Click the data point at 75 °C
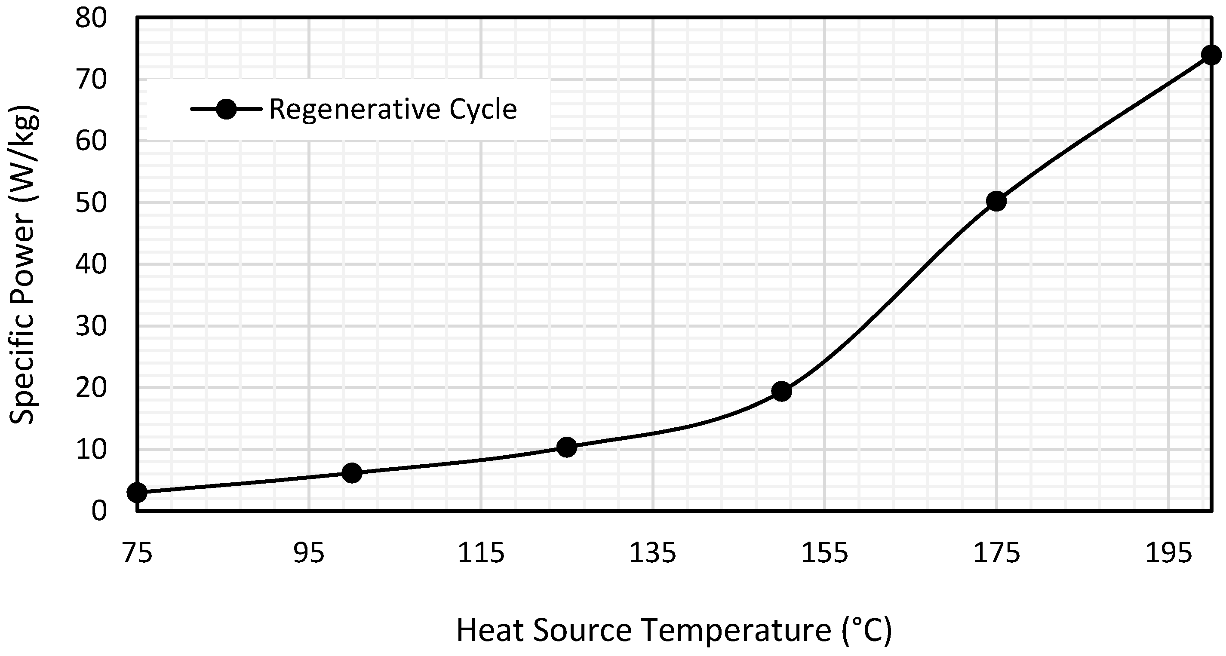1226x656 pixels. coord(137,492)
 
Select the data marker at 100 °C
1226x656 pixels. coord(352,473)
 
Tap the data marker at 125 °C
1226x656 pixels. coord(566,447)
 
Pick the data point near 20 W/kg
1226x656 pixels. coord(781,392)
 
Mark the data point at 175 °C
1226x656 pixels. coord(996,202)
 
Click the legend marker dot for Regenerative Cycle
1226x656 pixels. coord(226,110)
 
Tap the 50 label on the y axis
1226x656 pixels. coord(91,203)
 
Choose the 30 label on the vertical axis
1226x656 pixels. coord(91,326)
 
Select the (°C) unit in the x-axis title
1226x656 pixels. coord(866,631)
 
